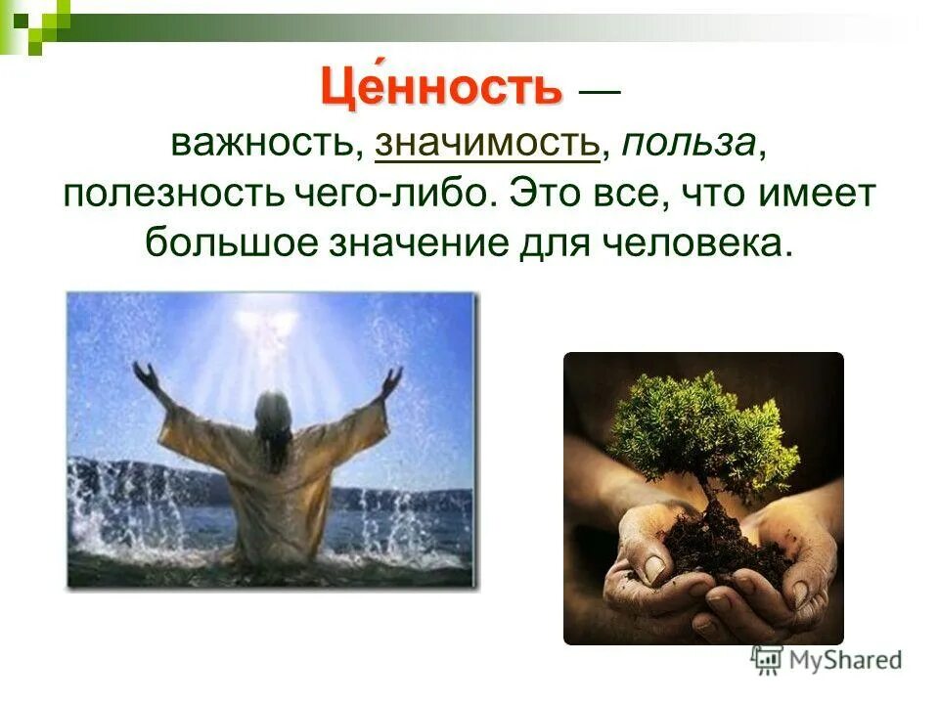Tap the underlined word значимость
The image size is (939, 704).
486,145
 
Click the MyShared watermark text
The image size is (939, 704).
845,659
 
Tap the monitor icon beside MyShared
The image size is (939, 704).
767,659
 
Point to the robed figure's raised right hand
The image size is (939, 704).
392,379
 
